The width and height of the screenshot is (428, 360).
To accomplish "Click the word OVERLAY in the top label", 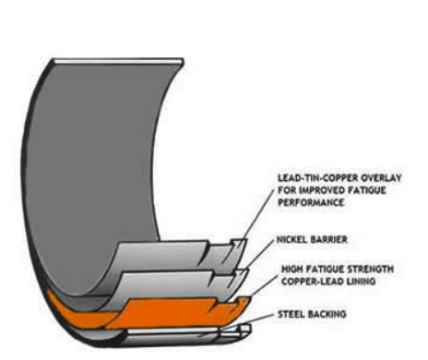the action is [x=381, y=178].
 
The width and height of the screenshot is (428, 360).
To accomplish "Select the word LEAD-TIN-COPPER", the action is [x=318, y=178].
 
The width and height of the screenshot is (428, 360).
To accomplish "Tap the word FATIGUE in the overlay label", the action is [x=366, y=190].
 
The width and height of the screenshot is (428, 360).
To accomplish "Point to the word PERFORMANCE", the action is [x=311, y=202].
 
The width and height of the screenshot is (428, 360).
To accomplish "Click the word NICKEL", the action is [x=292, y=239].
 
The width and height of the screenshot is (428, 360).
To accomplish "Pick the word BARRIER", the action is [x=329, y=239].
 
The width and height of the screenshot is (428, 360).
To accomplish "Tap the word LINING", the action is [x=359, y=282].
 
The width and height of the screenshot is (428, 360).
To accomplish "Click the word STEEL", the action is [x=291, y=314].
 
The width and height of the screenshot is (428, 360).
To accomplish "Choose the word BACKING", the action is [x=327, y=314].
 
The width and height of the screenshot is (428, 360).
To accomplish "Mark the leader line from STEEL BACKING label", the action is [x=246, y=322].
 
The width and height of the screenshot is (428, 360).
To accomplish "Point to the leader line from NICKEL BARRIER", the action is [x=259, y=255].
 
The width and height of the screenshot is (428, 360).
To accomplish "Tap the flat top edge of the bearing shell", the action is [x=118, y=62].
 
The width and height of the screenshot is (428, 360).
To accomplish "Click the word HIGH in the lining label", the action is [x=291, y=270].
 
